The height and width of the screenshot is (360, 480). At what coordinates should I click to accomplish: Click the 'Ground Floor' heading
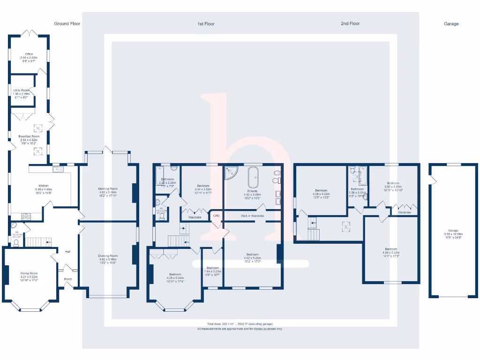(67, 23)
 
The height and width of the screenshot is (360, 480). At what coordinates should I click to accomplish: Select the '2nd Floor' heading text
(350, 23)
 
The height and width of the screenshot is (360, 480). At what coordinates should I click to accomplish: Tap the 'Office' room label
(29, 54)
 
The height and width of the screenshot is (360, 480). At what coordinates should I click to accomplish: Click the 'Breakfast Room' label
(29, 136)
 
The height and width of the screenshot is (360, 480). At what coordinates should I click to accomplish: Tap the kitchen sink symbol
(58, 169)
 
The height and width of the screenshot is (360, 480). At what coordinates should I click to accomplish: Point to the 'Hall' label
(67, 252)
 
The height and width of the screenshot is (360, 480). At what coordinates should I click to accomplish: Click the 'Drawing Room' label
(108, 256)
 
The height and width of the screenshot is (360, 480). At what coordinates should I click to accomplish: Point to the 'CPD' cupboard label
(216, 216)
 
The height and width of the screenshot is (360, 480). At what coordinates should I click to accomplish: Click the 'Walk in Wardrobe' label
(253, 216)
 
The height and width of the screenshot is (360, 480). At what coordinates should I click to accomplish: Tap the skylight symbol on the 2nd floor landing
(346, 227)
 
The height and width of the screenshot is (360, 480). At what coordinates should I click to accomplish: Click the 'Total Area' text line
(240, 324)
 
